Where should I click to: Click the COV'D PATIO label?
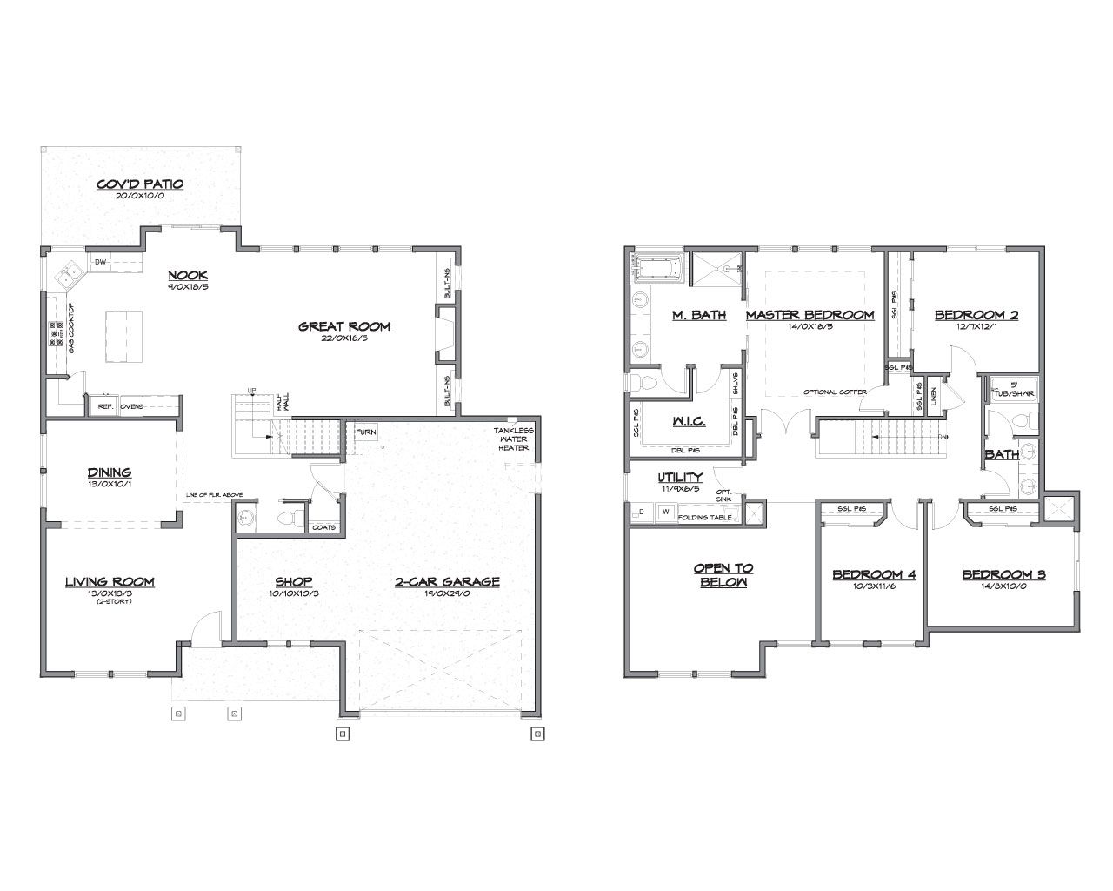140,184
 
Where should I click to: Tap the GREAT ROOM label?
344,326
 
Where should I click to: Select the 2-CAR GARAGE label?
447,581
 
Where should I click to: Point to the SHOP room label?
293,581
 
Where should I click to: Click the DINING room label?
110,472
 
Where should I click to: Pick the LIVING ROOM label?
110,581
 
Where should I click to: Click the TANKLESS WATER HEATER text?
514,439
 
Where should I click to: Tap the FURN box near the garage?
365,432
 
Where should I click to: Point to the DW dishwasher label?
100,262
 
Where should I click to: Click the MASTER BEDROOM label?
810,315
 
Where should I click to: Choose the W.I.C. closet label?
688,422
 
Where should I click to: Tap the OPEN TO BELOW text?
723,574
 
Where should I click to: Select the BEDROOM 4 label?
874,574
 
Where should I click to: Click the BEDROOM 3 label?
1003,574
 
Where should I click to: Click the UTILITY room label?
680,478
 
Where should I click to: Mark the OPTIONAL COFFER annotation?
835,392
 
